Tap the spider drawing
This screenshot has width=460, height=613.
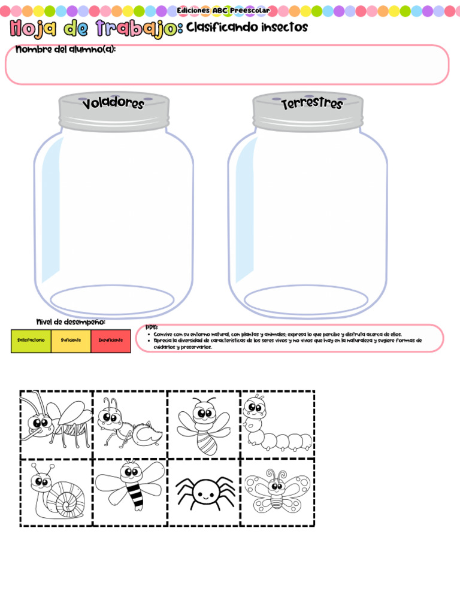tap(204, 492)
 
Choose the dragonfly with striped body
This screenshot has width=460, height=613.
tap(129, 486)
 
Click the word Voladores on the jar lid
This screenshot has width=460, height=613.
tap(114, 104)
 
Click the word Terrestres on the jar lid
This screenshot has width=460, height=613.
tap(312, 103)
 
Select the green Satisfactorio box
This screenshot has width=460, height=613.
tap(31, 340)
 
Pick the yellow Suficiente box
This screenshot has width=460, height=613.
tap(71, 340)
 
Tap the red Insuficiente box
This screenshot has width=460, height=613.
tap(111, 340)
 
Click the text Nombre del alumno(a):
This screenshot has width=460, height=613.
tap(65, 49)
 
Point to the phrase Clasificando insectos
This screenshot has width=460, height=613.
tap(247, 28)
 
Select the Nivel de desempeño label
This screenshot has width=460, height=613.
tap(71, 322)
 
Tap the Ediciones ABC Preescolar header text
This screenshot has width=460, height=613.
tap(222, 10)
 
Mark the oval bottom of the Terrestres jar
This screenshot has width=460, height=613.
tap(306, 299)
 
